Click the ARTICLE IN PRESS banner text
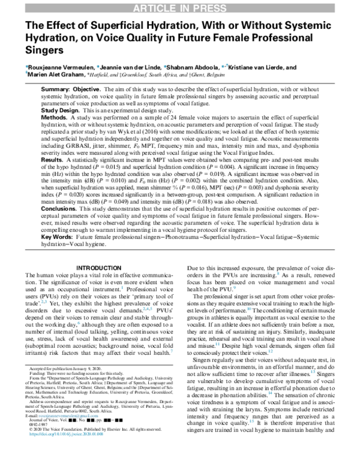[x=179, y=7]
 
